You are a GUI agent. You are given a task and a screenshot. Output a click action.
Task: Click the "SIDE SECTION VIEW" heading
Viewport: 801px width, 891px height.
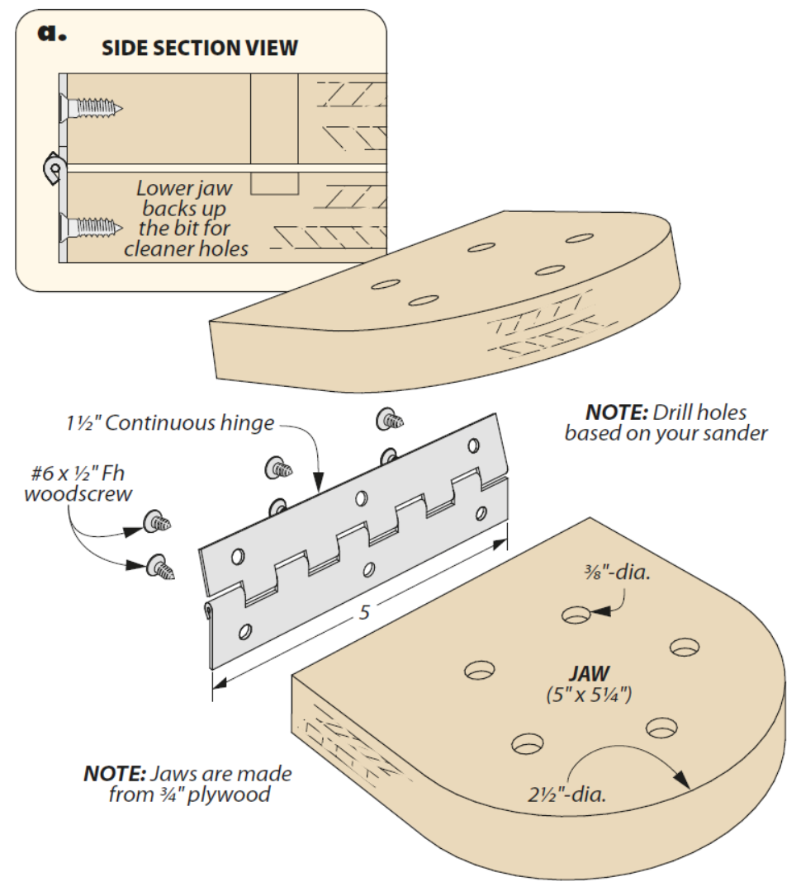point(199,48)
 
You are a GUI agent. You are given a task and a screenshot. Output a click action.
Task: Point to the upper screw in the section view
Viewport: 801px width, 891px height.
point(92,106)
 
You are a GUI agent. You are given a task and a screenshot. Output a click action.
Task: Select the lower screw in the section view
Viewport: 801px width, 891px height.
point(92,224)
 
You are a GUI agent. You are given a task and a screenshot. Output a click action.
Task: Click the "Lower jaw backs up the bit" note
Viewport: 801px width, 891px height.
point(186,218)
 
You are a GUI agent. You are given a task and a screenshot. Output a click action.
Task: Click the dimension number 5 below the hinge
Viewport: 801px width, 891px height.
point(363,613)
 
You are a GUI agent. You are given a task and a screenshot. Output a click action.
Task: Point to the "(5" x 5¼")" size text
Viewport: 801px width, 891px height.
point(589,694)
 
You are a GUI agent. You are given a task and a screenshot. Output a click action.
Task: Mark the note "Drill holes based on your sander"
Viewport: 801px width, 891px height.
point(666,422)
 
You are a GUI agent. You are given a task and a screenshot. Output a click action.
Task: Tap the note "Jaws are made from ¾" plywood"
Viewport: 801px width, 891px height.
point(187,785)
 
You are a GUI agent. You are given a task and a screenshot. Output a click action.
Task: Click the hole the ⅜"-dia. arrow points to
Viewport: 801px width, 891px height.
point(576,615)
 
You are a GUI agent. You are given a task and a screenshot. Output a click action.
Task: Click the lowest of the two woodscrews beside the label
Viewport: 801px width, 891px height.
point(160,568)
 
